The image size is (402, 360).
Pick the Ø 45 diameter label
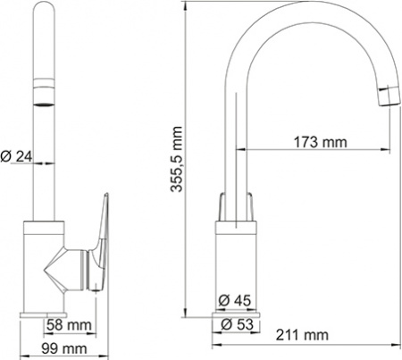(x=237, y=298)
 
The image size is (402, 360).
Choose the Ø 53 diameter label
(x=237, y=322)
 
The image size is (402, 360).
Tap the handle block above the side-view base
(x=237, y=206)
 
